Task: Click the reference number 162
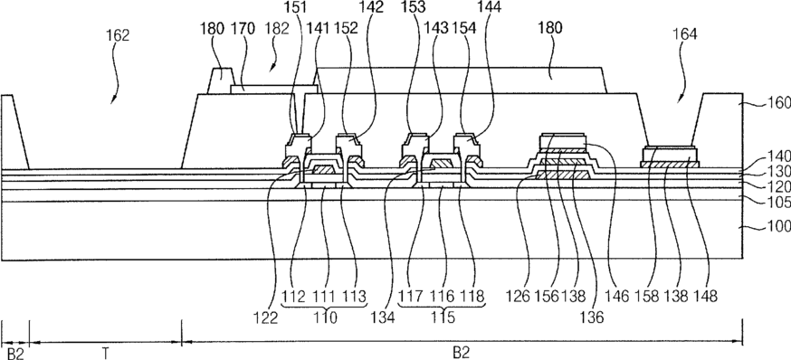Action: point(118,35)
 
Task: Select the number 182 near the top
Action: point(276,29)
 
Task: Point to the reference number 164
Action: point(685,34)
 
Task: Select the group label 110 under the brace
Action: point(326,317)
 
